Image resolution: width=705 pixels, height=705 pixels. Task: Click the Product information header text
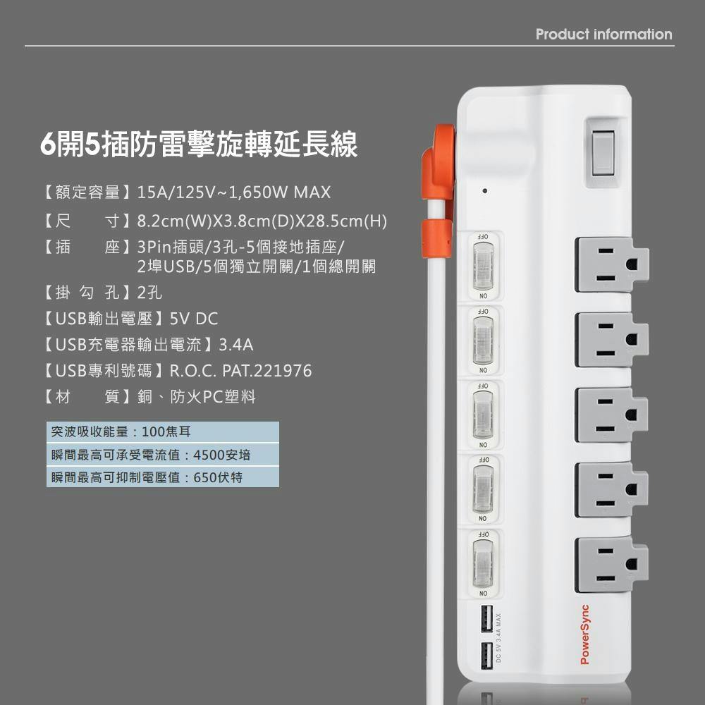pyautogui.click(x=604, y=34)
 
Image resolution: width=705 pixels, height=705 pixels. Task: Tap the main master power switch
pyautogui.click(x=603, y=153)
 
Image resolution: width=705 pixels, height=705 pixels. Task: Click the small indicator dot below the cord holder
pyautogui.click(x=485, y=190)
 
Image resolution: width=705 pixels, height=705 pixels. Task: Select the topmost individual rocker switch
pyautogui.click(x=484, y=266)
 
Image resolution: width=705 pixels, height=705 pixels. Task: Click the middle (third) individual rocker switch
pyautogui.click(x=484, y=415)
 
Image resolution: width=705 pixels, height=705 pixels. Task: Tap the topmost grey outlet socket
pyautogui.click(x=611, y=265)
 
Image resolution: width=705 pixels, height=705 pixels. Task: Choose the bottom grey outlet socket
pyautogui.click(x=611, y=565)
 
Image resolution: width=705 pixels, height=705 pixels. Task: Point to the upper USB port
pyautogui.click(x=486, y=619)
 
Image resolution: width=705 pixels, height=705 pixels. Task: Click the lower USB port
pyautogui.click(x=486, y=656)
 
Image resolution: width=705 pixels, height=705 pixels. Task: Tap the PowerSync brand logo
pyautogui.click(x=584, y=634)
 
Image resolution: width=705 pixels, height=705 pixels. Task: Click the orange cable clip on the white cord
pyautogui.click(x=436, y=239)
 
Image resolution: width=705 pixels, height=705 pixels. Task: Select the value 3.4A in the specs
pyautogui.click(x=236, y=345)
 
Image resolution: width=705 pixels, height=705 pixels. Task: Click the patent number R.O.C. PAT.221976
pyautogui.click(x=240, y=371)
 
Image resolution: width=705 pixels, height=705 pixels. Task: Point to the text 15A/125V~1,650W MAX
pyautogui.click(x=234, y=192)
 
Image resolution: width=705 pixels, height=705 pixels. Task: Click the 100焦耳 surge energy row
pyautogui.click(x=162, y=431)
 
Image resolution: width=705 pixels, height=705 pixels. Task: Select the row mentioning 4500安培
pyautogui.click(x=162, y=455)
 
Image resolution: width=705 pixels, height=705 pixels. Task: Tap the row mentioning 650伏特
pyautogui.click(x=162, y=477)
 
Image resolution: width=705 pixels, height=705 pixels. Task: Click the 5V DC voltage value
pyautogui.click(x=194, y=319)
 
